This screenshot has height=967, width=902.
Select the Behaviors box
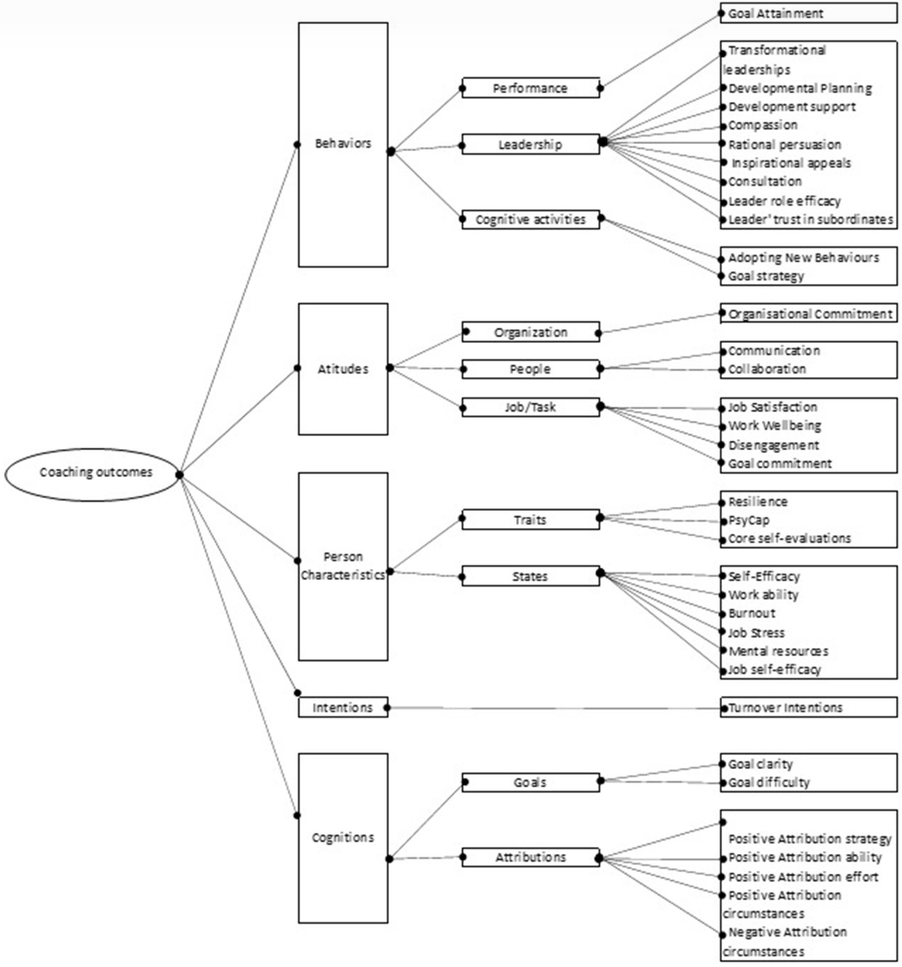pyautogui.click(x=343, y=144)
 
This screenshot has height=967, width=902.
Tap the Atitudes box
pyautogui.click(x=343, y=369)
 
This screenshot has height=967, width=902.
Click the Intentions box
pyautogui.click(x=343, y=707)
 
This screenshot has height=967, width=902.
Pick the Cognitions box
pyautogui.click(x=343, y=838)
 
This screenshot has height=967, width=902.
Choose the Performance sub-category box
pyautogui.click(x=530, y=88)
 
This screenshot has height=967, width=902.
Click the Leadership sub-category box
pyautogui.click(x=530, y=145)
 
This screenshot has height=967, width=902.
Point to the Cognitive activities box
pyautogui.click(x=530, y=220)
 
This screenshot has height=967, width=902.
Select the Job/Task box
pyautogui.click(x=530, y=407)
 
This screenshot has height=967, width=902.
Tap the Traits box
pyautogui.click(x=530, y=520)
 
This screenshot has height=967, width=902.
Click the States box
pyautogui.click(x=530, y=576)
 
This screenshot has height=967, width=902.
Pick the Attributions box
pyautogui.click(x=530, y=857)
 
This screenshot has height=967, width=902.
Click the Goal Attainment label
pyautogui.click(x=775, y=13)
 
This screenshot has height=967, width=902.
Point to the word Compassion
pyautogui.click(x=763, y=125)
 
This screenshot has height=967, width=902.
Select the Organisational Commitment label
pyautogui.click(x=810, y=314)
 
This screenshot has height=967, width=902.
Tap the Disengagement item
pyautogui.click(x=774, y=445)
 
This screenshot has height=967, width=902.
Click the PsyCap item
pyautogui.click(x=749, y=520)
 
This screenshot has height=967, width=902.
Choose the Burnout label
pyautogui.click(x=752, y=614)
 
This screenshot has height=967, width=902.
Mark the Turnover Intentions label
pyautogui.click(x=785, y=707)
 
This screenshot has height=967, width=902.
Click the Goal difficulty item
pyautogui.click(x=769, y=782)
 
